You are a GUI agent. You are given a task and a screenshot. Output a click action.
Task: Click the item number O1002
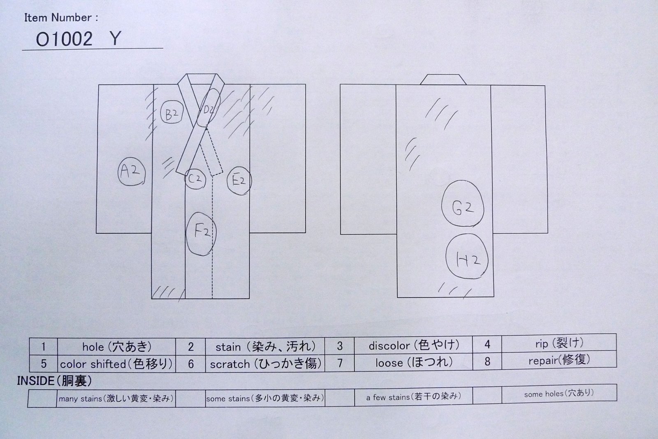click(64, 39)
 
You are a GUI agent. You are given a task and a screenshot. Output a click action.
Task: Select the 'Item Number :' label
click(61, 18)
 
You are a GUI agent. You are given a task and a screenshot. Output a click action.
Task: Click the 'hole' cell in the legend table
click(117, 347)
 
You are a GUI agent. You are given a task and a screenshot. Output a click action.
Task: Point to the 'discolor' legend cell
click(414, 345)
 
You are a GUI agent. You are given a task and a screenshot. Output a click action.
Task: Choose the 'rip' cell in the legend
click(559, 343)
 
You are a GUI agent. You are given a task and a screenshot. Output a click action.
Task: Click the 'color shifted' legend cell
click(117, 364)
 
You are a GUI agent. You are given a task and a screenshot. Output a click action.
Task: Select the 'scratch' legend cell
click(265, 363)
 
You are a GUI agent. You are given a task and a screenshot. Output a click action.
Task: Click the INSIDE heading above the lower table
click(54, 381)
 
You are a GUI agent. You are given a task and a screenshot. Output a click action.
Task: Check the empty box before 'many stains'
click(42, 398)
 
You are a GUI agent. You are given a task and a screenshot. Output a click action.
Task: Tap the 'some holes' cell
click(559, 393)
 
